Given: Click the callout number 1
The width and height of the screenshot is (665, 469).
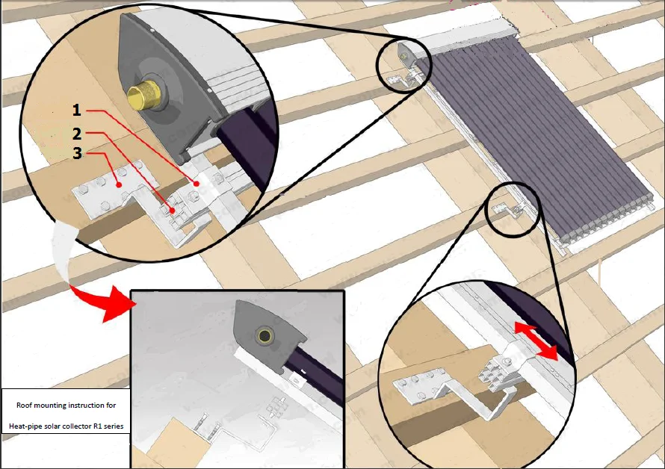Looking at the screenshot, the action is pos(77,110).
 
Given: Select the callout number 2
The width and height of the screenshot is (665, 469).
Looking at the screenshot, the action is pos(77,134).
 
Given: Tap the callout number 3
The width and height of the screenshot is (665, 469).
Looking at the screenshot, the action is pos(77,153).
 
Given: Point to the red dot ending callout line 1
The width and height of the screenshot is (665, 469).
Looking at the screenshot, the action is pos(197,184).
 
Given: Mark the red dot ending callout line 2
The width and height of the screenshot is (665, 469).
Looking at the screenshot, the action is pos(173,210).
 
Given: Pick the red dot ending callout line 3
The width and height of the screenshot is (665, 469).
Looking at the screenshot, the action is pos(120,184).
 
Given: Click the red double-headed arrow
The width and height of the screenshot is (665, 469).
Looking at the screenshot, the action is pos(536,341).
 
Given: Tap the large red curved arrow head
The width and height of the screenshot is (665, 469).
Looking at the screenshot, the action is pos(114,303).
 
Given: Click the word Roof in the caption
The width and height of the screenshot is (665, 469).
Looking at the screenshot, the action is pos(24,405).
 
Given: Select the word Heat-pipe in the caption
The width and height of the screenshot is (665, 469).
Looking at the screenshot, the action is pos(25,426).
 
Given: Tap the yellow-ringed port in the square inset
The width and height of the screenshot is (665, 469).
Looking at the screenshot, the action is pos(265,336).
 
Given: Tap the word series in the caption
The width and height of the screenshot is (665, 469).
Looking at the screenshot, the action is pos(114,426).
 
